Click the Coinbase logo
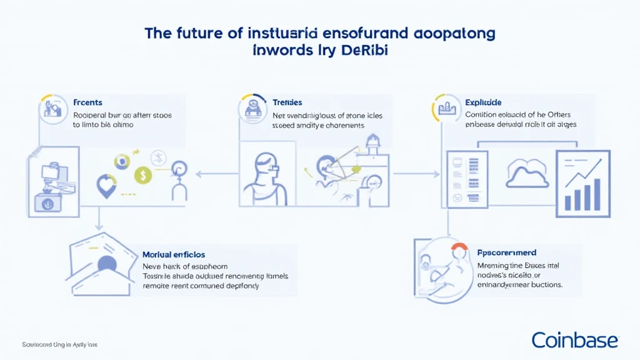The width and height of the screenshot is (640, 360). click(574, 340)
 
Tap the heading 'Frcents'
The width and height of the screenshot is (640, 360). click(87, 102)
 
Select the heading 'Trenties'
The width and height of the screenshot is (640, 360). click(287, 102)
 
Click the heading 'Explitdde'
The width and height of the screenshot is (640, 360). click(483, 102)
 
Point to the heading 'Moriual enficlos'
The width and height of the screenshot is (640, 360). click(174, 255)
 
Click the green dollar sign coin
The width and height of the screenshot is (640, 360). click(143, 176)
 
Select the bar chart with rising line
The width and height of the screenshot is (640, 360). click(582, 184)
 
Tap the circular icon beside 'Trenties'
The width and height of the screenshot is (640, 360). click(252, 109)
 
